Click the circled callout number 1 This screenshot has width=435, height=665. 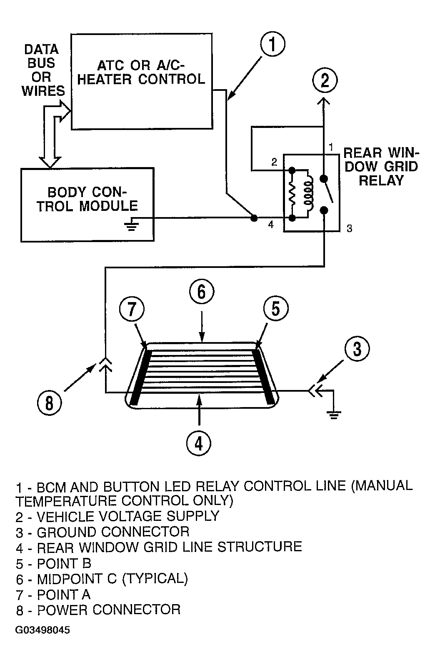pos(272,44)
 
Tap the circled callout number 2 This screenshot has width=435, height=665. pos(325,80)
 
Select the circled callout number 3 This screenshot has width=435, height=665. pos(357,348)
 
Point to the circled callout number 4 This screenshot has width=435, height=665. pos(199,443)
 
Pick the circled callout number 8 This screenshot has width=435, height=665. pos(49,403)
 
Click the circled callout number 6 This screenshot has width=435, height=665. pos(202,291)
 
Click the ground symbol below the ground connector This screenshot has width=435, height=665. pos(334,415)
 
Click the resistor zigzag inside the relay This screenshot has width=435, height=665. pos(292,194)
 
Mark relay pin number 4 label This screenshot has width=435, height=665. pos(270,225)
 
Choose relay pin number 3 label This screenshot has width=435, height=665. pos(349,228)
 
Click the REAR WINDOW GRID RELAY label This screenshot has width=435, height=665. pos(381,167)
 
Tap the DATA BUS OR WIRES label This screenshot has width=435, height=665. pos(43,70)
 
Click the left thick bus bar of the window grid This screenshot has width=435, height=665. pos(140,377)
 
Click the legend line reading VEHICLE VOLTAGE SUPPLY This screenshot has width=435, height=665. pos(117,516)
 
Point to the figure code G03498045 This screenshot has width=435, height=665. pos(42,630)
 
